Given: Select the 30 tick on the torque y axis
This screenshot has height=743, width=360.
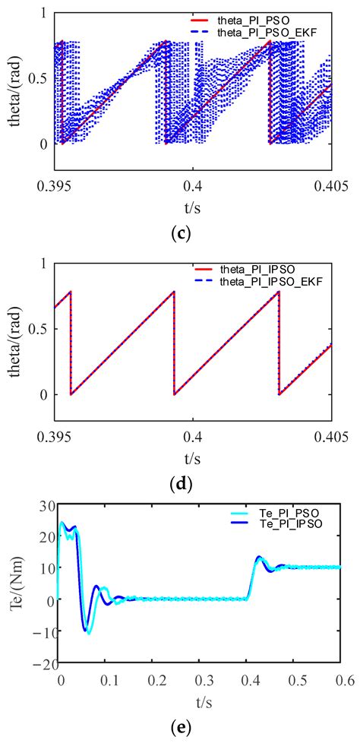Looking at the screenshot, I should (x=43, y=504).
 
